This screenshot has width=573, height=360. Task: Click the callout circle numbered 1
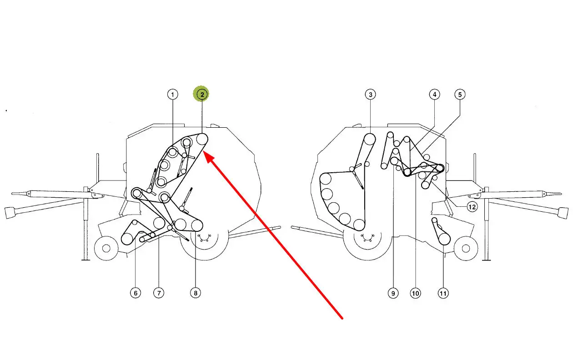click(172, 95)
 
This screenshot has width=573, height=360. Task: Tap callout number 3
click(370, 95)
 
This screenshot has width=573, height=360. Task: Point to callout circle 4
click(434, 95)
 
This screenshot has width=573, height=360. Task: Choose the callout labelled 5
click(460, 95)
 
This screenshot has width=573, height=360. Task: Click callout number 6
click(136, 293)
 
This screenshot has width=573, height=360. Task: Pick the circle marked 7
click(159, 293)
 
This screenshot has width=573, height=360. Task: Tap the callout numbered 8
click(196, 293)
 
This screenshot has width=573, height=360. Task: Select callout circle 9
click(393, 293)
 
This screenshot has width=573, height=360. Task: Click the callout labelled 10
click(416, 293)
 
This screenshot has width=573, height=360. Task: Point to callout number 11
click(443, 293)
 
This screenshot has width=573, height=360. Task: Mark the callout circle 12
click(472, 206)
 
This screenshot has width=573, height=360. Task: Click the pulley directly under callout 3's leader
click(370, 140)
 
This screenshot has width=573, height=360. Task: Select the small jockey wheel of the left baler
click(106, 248)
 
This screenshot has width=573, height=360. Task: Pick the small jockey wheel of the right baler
click(466, 248)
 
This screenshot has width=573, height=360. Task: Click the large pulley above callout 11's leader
click(444, 239)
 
